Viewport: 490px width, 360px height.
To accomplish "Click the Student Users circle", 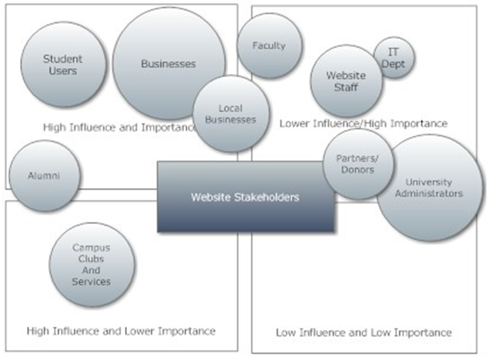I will [x=63, y=65].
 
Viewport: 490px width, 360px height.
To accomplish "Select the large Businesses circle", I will [x=168, y=63].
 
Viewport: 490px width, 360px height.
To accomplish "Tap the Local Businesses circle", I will [x=231, y=114].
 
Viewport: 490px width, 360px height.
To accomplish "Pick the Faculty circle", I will [x=269, y=46].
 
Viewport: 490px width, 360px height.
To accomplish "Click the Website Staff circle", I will [x=346, y=81].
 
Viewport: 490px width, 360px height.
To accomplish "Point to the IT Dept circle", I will [x=394, y=58].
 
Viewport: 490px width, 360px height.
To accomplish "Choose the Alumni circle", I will [x=45, y=176].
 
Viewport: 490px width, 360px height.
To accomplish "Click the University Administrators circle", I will [x=429, y=187].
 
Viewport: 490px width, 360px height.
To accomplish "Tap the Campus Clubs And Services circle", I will [x=92, y=265].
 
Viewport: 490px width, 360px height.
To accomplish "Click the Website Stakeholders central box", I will [x=245, y=197].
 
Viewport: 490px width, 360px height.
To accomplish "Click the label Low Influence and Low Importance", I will [x=364, y=332].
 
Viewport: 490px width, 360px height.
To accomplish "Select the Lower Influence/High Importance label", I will [x=364, y=124].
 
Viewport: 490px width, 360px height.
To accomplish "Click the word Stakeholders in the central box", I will [x=268, y=197].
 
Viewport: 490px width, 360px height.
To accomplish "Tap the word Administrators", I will [x=429, y=194].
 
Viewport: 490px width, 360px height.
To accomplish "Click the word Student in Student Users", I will [x=63, y=59].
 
